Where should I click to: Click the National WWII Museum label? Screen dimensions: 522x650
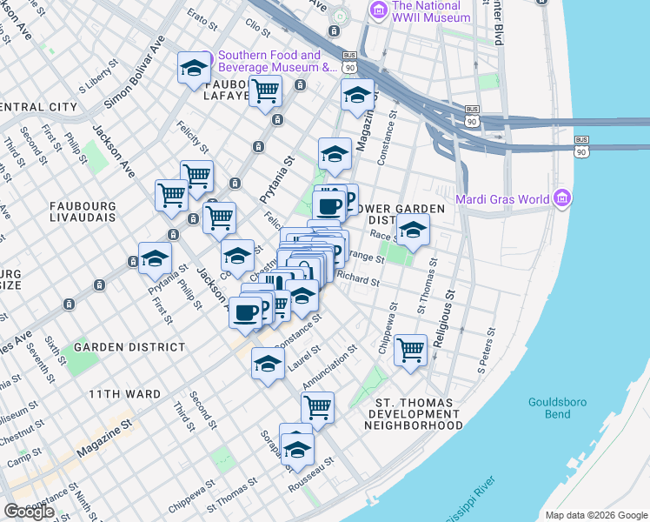coord(432,10)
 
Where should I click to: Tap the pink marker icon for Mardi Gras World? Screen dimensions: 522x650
coord(562,199)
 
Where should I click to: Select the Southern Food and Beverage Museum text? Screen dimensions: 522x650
coord(277,60)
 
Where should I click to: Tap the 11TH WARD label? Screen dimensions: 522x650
coord(124,394)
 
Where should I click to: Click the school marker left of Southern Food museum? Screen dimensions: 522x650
coord(194,69)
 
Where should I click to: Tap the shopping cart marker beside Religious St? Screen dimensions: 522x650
coord(410,351)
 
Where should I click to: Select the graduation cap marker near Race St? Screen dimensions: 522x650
coord(413,230)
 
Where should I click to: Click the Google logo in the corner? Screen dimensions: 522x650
coord(29,512)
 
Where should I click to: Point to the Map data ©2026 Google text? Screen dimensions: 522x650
coord(596,515)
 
